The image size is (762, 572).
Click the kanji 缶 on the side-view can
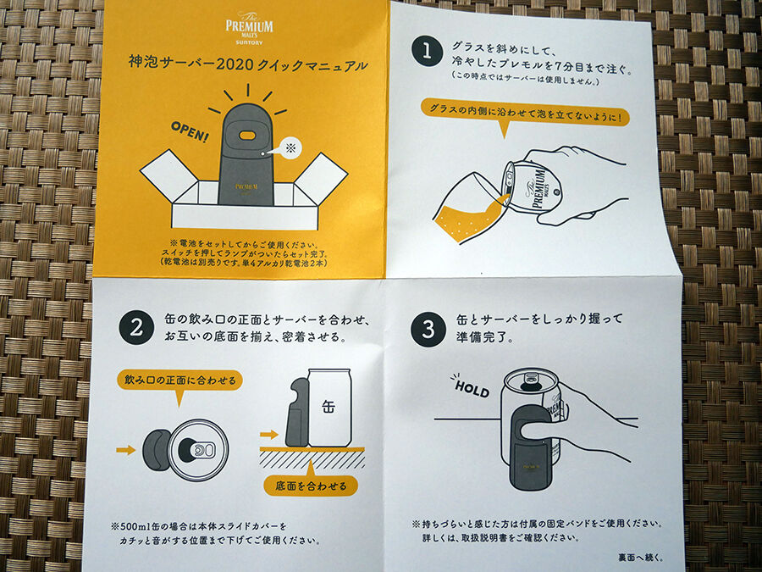pyautogui.click(x=328, y=406)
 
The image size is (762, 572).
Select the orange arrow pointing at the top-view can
pyautogui.click(x=125, y=449)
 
